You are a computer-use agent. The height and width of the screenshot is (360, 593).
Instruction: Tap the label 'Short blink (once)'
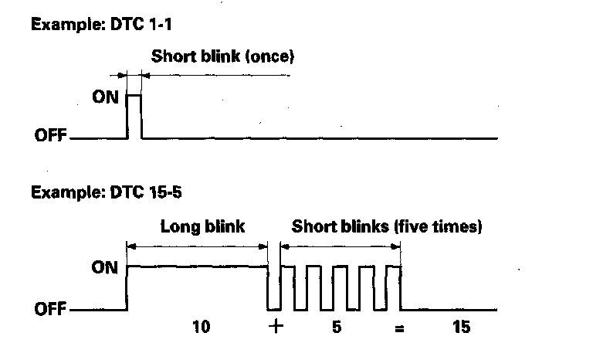223,56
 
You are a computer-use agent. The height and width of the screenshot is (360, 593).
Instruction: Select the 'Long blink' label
202,227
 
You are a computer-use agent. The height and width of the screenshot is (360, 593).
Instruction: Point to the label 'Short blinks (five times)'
387,227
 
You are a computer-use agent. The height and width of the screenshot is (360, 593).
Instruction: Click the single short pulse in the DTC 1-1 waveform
134,116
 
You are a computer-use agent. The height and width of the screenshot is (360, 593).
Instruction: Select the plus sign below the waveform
276,327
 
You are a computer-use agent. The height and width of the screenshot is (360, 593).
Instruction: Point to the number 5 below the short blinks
337,327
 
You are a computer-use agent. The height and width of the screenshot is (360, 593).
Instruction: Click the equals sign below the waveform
399,328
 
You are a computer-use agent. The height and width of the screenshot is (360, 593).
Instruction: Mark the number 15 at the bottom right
462,327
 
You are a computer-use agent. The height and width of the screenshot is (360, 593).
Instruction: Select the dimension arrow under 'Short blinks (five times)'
341,246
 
